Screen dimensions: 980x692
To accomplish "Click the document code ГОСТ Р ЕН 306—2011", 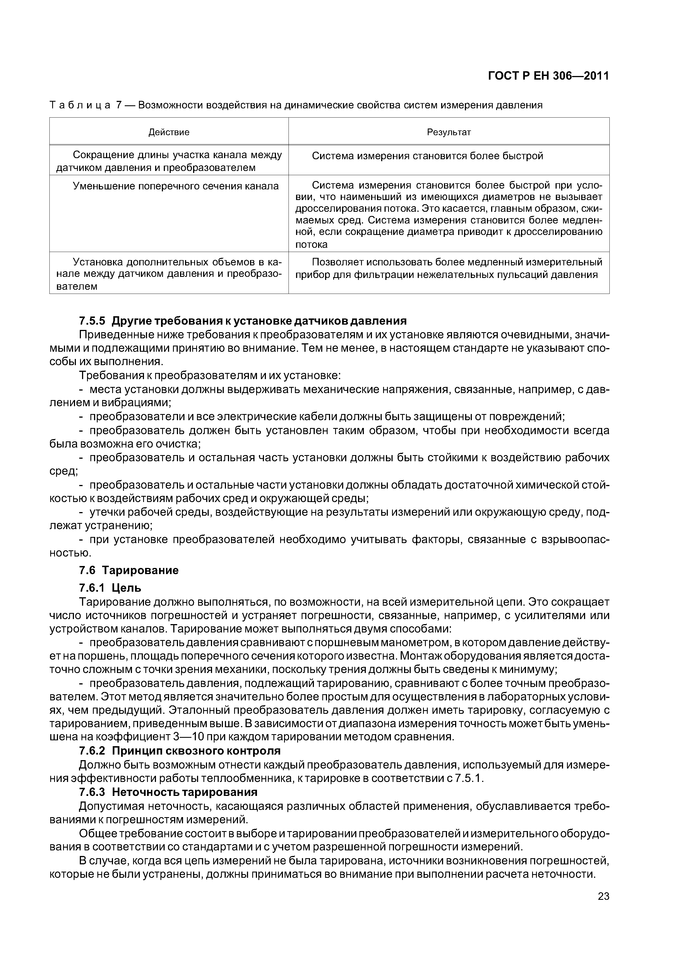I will click(548, 76).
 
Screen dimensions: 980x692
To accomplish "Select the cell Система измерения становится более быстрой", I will click(427, 156).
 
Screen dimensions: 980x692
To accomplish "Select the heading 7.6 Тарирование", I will click(129, 571).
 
